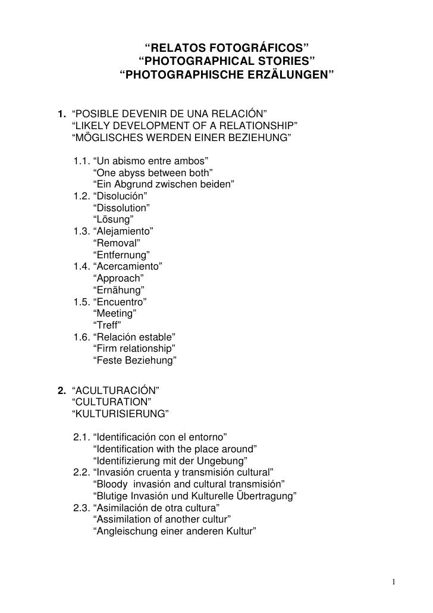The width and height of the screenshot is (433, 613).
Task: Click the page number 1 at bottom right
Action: pos(395,581)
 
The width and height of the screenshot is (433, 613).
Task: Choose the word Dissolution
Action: pos(122,208)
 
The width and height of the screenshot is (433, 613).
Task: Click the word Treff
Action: pos(108,325)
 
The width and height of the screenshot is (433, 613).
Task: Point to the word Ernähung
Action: pos(119,290)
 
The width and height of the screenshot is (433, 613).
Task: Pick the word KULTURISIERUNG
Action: pos(120,414)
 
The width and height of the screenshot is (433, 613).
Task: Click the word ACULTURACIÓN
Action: pos(114,391)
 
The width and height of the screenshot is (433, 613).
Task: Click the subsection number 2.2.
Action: pos(81,472)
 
